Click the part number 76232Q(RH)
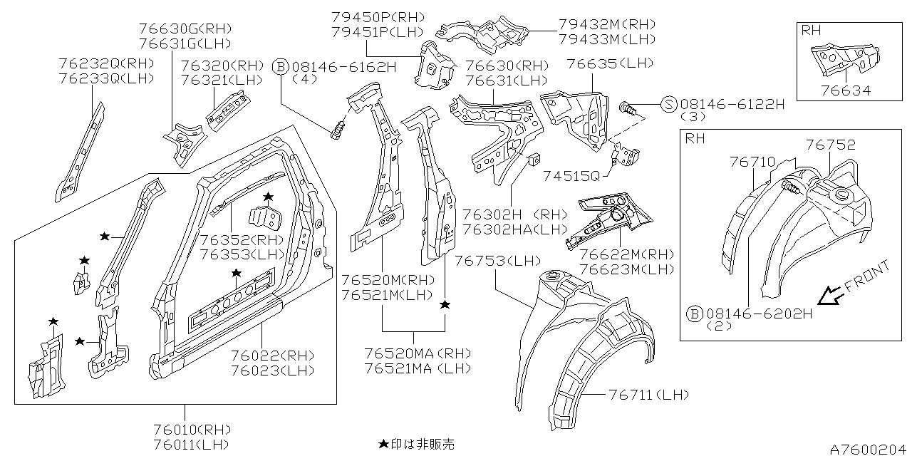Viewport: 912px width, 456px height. tap(107, 63)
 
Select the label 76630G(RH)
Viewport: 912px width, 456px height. tap(185, 29)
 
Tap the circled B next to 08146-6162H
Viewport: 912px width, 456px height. tap(280, 67)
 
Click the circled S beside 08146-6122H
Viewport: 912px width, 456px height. tap(668, 104)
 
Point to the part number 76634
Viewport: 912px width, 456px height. tap(845, 90)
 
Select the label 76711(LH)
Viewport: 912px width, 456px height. tap(648, 395)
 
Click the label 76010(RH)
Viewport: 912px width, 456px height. tap(192, 430)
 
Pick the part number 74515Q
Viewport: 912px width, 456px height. tap(571, 176)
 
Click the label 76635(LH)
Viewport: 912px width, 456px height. tap(609, 63)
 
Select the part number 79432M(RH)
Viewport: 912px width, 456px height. tap(606, 24)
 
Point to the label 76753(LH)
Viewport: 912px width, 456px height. tap(497, 261)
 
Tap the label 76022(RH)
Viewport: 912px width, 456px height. tap(272, 356)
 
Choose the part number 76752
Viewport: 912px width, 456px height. tap(831, 145)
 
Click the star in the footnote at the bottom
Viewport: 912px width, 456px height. tap(383, 444)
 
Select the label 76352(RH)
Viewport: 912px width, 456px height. tap(242, 239)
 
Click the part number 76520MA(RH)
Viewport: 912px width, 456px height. tap(418, 353)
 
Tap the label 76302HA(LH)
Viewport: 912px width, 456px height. tap(514, 229)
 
